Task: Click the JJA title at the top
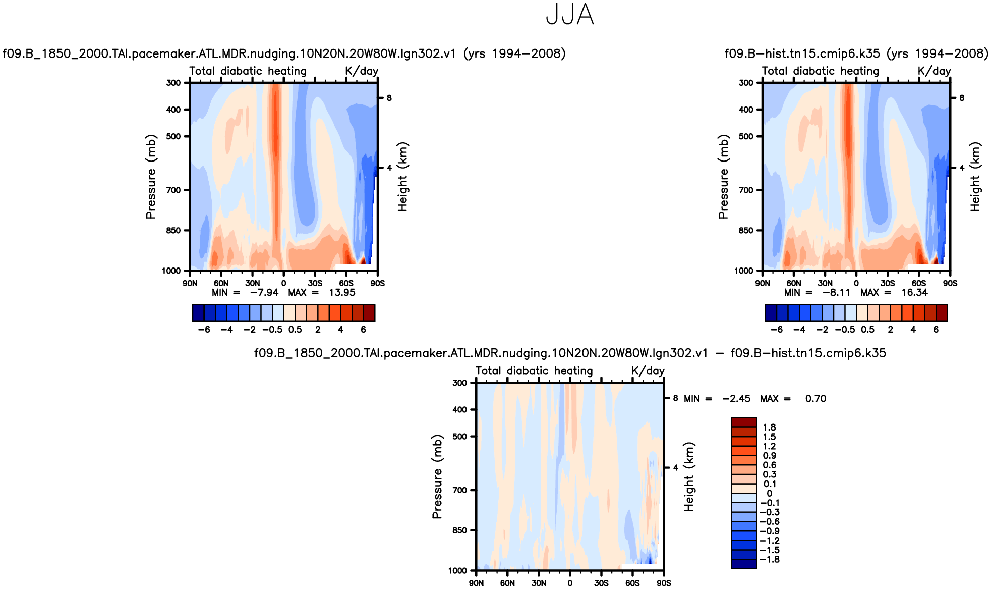tap(570, 15)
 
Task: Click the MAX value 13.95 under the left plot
tap(342, 293)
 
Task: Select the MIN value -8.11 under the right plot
tap(836, 293)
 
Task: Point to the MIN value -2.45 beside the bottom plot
tap(736, 399)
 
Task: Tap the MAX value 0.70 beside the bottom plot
tap(815, 399)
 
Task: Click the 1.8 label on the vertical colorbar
tap(769, 427)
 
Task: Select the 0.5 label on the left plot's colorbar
tap(295, 330)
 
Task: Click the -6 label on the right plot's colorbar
tap(777, 330)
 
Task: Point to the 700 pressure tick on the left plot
tap(173, 190)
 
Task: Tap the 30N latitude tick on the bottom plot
tap(539, 583)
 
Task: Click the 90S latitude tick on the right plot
tap(950, 283)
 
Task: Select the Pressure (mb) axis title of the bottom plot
tap(437, 476)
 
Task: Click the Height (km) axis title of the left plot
tap(402, 177)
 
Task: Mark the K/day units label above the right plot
tap(934, 71)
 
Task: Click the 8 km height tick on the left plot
tap(389, 98)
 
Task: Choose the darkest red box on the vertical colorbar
tap(744, 422)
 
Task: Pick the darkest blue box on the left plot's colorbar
tap(198, 313)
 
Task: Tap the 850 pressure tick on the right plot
tap(746, 231)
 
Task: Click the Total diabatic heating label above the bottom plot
tap(534, 371)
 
